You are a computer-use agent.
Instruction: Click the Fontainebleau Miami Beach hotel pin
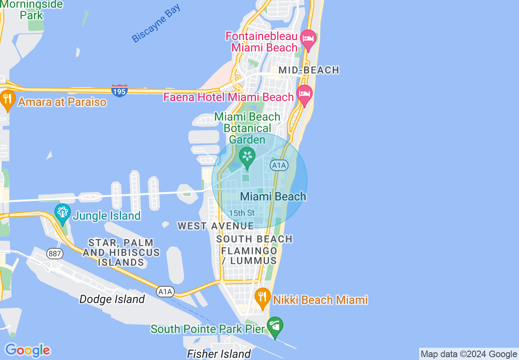308,39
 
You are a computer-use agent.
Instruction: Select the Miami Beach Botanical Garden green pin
247,157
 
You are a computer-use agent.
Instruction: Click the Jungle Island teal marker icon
63,213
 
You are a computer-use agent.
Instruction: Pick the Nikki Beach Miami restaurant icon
262,297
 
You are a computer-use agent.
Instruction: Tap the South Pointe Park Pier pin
275,326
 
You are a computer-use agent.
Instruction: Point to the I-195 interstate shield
119,90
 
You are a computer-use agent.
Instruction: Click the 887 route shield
54,254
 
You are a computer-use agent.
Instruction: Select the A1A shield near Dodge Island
165,292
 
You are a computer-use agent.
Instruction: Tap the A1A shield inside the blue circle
279,165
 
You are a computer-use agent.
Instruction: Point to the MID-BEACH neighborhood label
309,70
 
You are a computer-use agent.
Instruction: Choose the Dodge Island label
112,299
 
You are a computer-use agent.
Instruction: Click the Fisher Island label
219,354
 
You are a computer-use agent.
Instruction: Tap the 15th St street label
241,213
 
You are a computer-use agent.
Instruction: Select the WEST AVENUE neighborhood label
215,226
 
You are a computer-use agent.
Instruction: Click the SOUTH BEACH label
254,239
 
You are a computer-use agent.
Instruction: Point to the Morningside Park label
32,10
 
